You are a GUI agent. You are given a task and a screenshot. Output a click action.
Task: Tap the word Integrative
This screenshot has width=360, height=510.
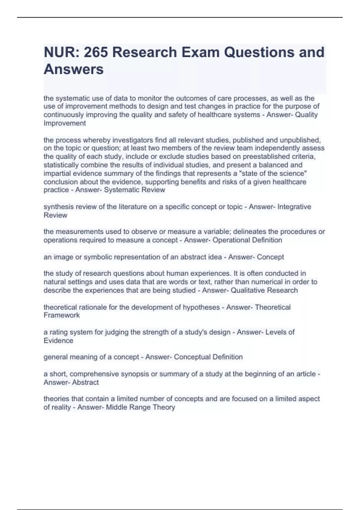pyautogui.click(x=294, y=207)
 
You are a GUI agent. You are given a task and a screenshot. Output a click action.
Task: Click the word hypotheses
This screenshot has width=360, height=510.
pyautogui.click(x=201, y=307)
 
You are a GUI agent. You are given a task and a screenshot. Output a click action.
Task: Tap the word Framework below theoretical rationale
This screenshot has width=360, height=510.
pyautogui.click(x=61, y=315)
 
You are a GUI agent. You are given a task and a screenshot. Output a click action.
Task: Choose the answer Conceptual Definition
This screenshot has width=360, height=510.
pyautogui.click(x=208, y=357)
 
